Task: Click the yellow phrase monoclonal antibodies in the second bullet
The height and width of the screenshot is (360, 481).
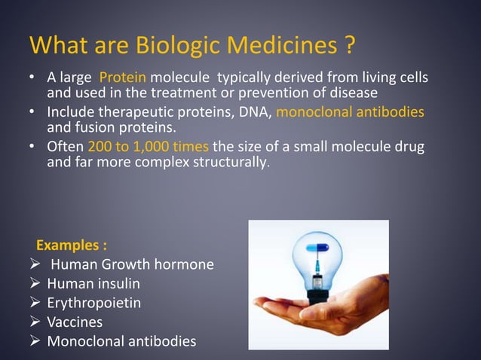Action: [351, 112]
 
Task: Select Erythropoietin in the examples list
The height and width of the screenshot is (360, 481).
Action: [94, 304]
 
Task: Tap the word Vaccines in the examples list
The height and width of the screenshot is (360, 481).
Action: [75, 322]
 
